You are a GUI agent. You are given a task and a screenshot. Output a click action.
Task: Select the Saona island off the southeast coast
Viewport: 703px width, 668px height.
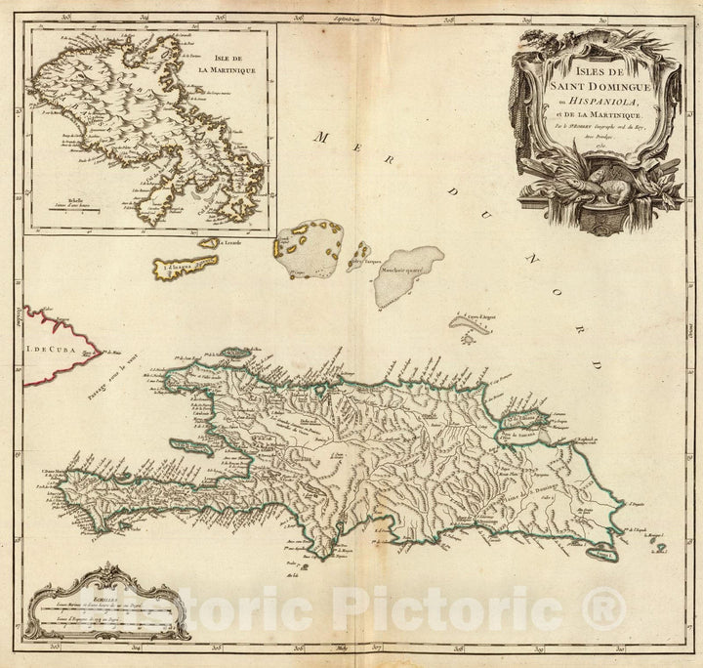tap(605, 555)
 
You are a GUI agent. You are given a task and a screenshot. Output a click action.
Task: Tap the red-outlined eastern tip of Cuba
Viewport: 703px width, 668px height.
tap(90, 352)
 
